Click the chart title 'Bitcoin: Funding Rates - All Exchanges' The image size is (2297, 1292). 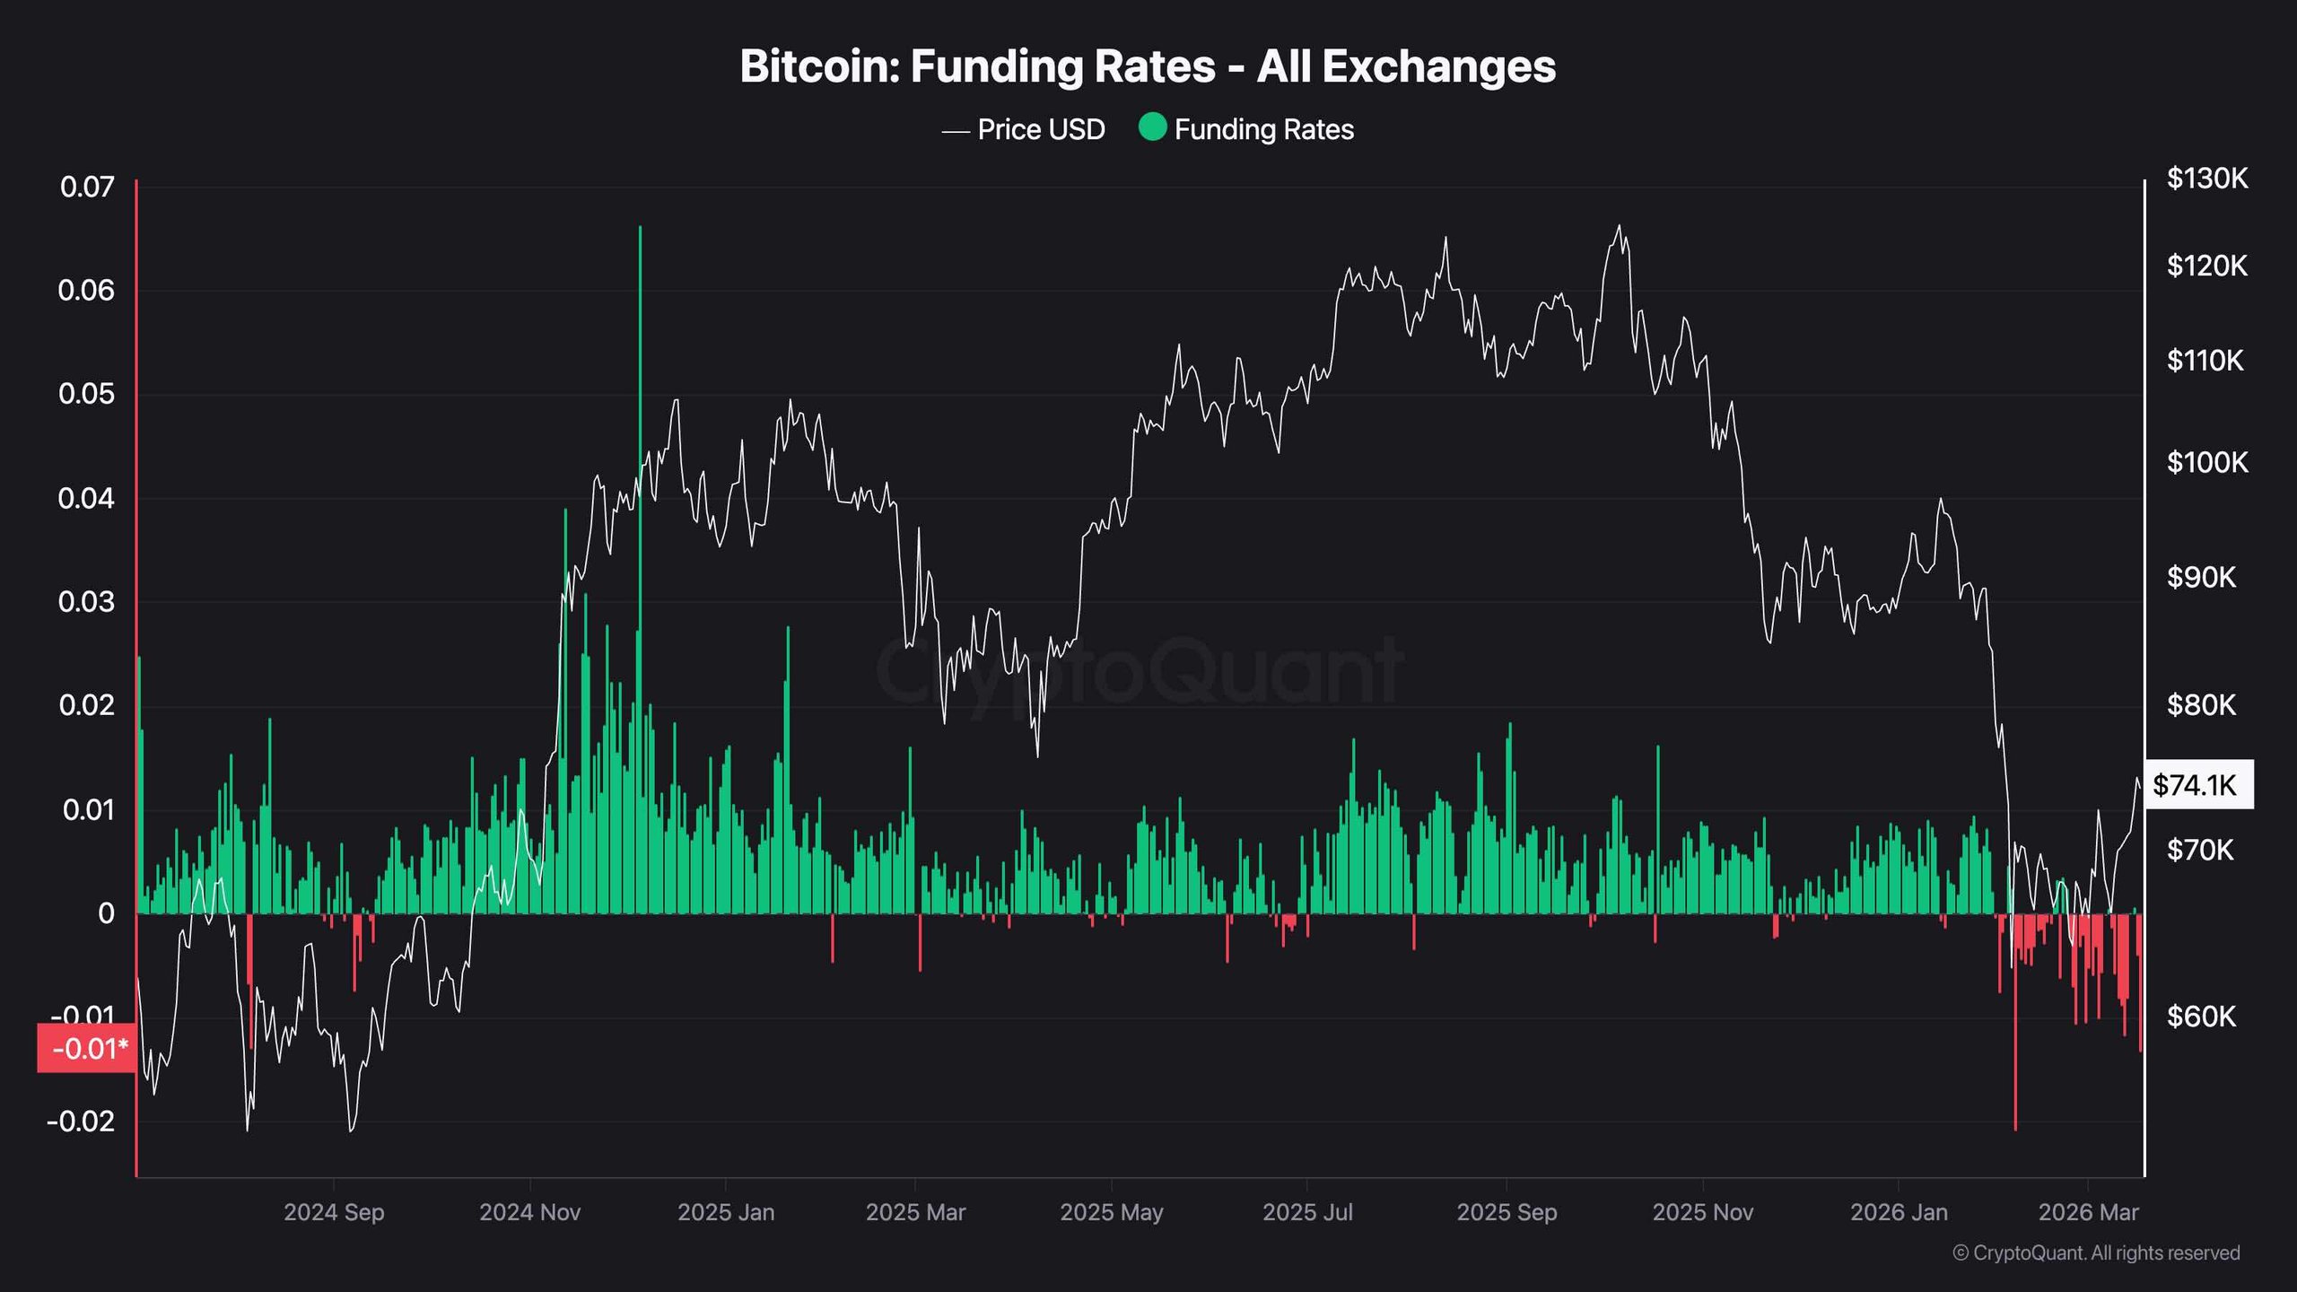coord(1148,66)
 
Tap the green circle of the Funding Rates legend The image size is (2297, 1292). coord(1152,127)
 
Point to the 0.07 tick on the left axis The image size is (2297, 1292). coord(87,187)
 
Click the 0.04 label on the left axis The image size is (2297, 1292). coord(86,498)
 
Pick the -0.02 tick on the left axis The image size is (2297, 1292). coord(81,1122)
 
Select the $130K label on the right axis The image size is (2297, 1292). coord(2207,179)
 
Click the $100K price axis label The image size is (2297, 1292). coord(2207,462)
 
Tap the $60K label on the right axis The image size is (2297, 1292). coord(2202,1017)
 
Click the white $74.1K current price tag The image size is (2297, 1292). coord(2197,785)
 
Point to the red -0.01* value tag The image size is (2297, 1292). coord(88,1048)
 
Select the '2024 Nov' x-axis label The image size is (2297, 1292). coord(529,1212)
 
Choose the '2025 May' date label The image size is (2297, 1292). coord(1111,1212)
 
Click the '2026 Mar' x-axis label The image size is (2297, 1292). coord(2088,1212)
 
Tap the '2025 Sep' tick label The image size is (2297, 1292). coord(1507,1212)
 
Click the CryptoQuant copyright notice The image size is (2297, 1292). coord(2096,1253)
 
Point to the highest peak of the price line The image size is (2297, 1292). coord(1620,226)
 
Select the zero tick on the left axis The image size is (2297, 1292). coord(106,913)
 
